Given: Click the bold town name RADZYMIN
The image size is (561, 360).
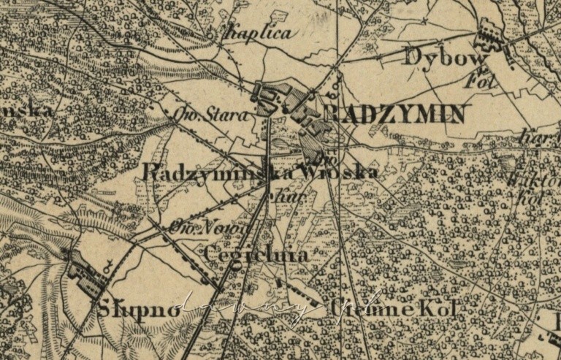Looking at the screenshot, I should click(391, 114).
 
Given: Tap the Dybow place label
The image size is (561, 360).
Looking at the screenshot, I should click(436, 56).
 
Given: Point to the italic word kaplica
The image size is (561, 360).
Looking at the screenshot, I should click(259, 33).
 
